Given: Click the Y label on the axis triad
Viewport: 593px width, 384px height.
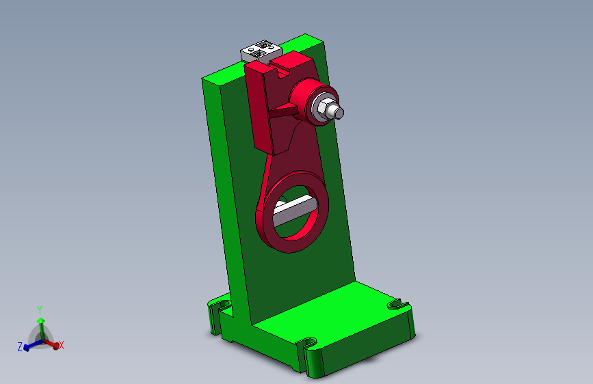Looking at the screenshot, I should point(40,310).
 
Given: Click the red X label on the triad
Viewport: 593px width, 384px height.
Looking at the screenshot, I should point(62,346).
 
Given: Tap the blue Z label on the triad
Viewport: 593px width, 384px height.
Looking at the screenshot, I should point(20,348).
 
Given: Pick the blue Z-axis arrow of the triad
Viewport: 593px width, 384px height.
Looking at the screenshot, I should point(28,346).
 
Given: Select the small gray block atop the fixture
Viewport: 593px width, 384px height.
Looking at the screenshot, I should point(260,50).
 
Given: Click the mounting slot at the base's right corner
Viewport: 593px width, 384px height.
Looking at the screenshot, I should point(396,303).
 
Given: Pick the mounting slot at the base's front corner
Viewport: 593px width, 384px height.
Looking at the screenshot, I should point(307,342).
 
